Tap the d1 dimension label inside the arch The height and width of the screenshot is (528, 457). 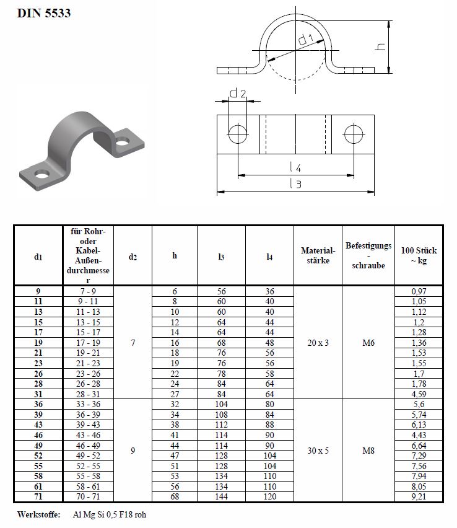pos(305,39)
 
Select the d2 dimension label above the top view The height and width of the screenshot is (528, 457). pos(238,94)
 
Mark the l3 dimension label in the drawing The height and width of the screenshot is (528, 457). pos(296,184)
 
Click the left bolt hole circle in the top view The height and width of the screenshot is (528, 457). pos(237,133)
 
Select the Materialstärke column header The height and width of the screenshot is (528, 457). pos(318,255)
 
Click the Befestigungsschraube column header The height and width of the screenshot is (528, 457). pos(368,255)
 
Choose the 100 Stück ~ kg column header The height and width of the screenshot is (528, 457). pos(419,255)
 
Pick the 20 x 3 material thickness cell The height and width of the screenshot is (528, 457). pos(318,342)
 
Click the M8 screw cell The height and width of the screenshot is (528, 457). pos(368,451)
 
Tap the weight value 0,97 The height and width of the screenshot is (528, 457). pos(419,291)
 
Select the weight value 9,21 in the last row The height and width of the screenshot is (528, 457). pos(419,496)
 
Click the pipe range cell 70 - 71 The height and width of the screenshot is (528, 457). pos(88,496)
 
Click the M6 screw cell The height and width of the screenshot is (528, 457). pos(368,342)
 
